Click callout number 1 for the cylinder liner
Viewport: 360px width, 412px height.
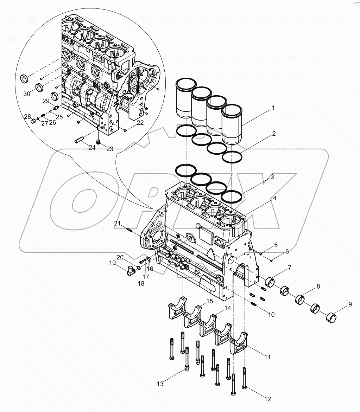pyautogui.click(x=273, y=109)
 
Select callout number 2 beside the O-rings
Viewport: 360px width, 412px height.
pyautogui.click(x=273, y=134)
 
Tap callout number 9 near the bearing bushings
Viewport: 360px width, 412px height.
pyautogui.click(x=350, y=305)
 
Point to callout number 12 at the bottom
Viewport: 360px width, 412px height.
pyautogui.click(x=268, y=399)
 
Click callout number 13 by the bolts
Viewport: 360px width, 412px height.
pyautogui.click(x=160, y=384)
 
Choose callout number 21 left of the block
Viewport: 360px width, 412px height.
pyautogui.click(x=117, y=224)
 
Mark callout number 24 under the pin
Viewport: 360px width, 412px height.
pyautogui.click(x=92, y=148)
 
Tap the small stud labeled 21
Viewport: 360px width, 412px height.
pyautogui.click(x=128, y=230)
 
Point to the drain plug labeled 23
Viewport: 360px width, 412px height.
pyautogui.click(x=99, y=142)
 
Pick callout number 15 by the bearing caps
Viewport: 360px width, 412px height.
pyautogui.click(x=209, y=301)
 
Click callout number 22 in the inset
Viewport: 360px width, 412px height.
pyautogui.click(x=140, y=123)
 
